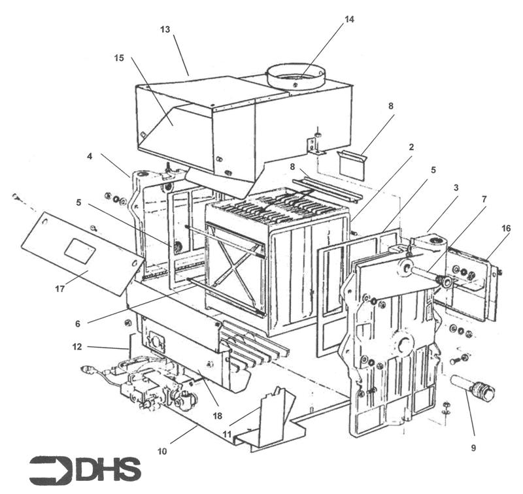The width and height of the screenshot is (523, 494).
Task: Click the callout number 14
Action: [349, 19]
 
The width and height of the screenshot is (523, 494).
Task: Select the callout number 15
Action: [119, 58]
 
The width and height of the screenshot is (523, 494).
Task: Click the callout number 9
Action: [473, 448]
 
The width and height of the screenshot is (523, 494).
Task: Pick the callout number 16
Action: [507, 228]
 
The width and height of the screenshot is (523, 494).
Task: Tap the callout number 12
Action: [77, 347]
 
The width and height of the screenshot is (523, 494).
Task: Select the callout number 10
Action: [162, 451]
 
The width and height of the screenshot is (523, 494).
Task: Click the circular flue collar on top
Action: [296, 76]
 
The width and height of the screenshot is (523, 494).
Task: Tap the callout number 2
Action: [411, 148]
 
